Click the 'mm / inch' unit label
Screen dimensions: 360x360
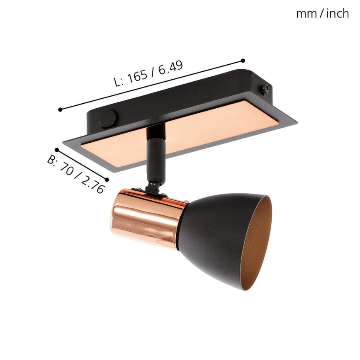point(322,14)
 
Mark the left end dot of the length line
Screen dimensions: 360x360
point(61,109)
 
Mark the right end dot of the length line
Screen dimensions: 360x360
point(243,61)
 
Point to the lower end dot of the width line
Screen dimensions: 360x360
point(107,180)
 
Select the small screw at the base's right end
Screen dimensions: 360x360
point(264,89)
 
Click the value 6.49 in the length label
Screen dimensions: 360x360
point(170,68)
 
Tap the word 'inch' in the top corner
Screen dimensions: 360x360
point(337,14)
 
